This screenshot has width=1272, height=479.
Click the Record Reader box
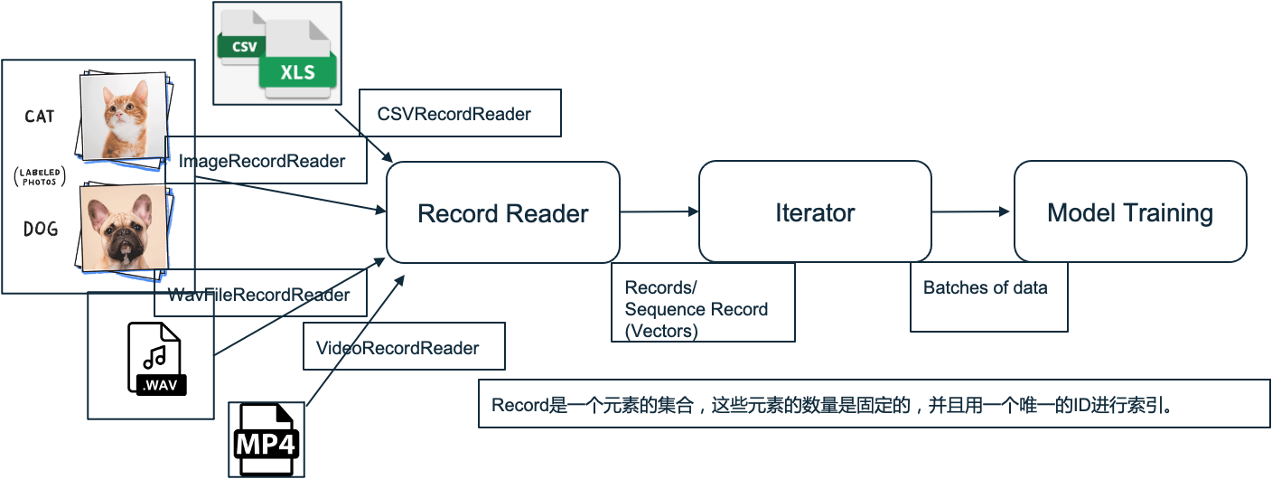503,213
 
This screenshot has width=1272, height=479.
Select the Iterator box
815,213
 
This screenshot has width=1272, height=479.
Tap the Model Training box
1129,213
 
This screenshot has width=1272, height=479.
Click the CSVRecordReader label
454,114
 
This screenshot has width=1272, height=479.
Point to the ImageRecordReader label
262,162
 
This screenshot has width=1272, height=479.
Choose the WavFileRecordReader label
259,295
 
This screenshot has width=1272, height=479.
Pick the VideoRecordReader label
397,348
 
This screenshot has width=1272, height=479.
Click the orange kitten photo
124,115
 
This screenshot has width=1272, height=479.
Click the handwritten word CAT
39,117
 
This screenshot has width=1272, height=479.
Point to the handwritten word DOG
40,230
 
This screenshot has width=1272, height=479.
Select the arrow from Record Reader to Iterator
659,211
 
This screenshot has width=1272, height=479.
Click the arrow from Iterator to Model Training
971,211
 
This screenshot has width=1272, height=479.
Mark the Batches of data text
985,288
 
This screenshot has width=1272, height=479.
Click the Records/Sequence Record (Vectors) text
697,309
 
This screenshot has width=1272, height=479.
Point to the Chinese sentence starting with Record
831,405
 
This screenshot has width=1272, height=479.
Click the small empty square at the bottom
267,439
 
